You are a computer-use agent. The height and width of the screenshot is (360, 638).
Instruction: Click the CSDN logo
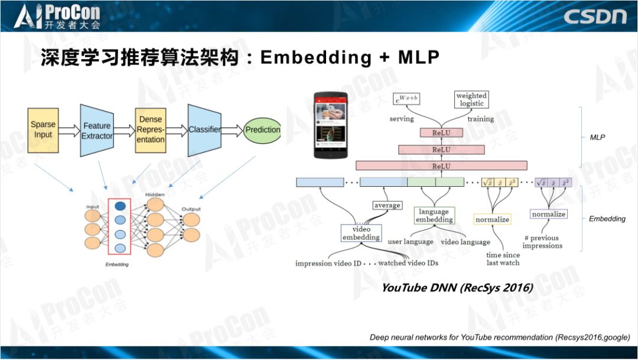[594, 16]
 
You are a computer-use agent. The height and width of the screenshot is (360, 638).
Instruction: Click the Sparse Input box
[43, 130]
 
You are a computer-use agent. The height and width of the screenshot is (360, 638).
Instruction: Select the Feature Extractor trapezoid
[97, 130]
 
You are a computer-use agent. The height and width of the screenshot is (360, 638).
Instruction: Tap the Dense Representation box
[151, 130]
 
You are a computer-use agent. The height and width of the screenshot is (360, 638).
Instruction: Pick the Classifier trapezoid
[204, 129]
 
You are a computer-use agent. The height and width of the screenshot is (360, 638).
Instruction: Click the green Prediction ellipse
[262, 130]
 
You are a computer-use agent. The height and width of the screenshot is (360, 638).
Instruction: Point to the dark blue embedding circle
[120, 207]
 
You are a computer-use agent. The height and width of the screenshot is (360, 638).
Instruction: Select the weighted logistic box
[471, 99]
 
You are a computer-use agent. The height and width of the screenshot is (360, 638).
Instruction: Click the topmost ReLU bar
[441, 132]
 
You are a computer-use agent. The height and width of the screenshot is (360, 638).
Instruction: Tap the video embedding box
[362, 233]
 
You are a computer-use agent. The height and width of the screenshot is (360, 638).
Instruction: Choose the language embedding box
[434, 215]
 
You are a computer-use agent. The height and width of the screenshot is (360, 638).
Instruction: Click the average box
[387, 205]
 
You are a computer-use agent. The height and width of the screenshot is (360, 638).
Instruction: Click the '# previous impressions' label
[542, 242]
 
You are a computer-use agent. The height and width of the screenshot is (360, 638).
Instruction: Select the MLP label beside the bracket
[597, 137]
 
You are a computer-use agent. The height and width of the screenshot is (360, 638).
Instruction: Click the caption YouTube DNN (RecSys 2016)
[457, 288]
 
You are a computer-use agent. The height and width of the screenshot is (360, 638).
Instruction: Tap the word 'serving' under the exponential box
[401, 119]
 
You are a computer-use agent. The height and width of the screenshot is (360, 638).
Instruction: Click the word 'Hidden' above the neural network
[155, 194]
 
